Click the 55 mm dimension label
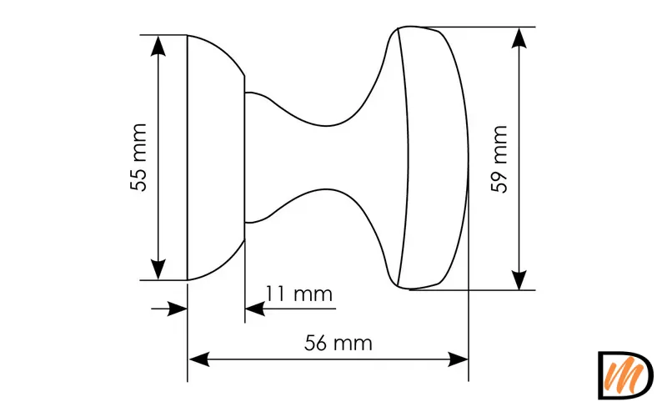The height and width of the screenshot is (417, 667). tap(138, 158)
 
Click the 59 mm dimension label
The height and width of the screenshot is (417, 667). tap(499, 159)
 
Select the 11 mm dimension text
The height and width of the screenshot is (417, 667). tap(298, 294)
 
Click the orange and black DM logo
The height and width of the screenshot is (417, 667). tap(624, 374)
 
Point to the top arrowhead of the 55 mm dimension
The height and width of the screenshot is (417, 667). tap(158, 44)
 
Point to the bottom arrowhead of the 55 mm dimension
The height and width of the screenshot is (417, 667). tap(158, 270)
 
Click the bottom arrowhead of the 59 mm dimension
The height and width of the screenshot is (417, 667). tap(519, 280)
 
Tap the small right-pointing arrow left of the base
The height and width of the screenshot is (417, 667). tap(177, 309)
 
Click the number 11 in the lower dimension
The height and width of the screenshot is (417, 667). tap(276, 294)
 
